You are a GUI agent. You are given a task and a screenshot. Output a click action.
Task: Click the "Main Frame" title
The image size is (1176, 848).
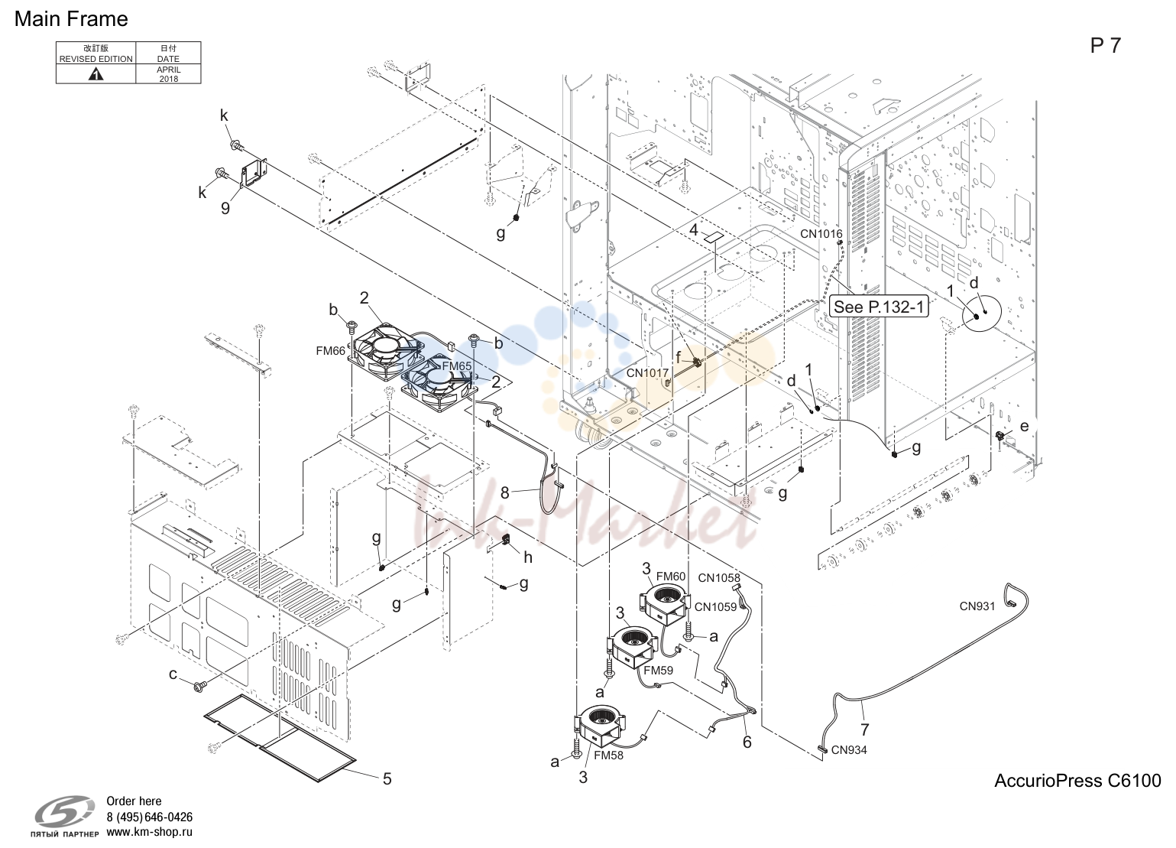(x=71, y=19)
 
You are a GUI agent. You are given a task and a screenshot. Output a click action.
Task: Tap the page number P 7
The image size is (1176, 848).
(x=1105, y=46)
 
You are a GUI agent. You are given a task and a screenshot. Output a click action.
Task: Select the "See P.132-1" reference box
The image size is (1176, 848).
(x=879, y=307)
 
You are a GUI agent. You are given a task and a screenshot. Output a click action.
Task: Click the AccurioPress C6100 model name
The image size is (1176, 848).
(x=1077, y=781)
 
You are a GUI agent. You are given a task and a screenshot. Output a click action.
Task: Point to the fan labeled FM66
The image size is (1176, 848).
(x=387, y=350)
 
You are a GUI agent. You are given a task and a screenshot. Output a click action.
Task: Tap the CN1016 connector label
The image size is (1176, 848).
(x=821, y=234)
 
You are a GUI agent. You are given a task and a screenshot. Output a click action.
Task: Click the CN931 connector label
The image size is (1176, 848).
(x=977, y=606)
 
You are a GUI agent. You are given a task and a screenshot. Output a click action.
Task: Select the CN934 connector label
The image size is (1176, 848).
(x=849, y=750)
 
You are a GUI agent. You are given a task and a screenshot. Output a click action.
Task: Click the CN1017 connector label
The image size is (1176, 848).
(x=647, y=373)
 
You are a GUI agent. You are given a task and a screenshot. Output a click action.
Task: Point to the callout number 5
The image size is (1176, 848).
(x=387, y=778)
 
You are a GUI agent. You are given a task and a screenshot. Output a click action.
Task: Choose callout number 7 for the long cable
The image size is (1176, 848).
(x=864, y=729)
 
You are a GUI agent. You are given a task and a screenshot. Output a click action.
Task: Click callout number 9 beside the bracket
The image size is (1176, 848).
(x=225, y=209)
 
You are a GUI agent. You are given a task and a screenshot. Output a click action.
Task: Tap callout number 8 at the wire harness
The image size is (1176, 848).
(x=504, y=493)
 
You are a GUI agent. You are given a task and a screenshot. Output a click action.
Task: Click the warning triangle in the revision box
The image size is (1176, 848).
(x=96, y=74)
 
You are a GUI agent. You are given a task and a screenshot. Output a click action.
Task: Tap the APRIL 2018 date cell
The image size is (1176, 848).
(x=169, y=74)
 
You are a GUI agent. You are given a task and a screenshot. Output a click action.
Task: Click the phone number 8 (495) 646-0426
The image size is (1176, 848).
(x=150, y=817)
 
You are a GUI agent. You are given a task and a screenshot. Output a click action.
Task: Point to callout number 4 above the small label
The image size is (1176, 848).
(x=694, y=230)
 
